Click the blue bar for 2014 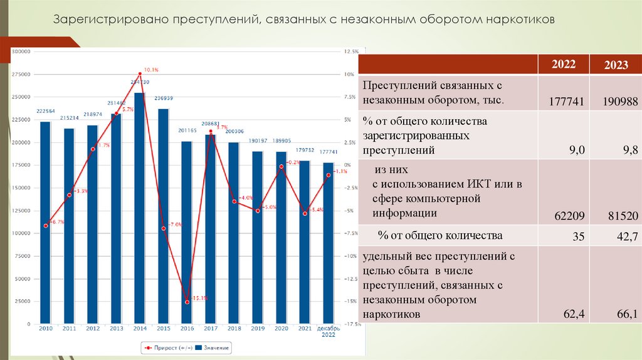[x=139, y=207]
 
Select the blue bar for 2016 [x=186, y=232]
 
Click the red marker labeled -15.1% [x=187, y=302]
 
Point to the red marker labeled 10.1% [x=140, y=74]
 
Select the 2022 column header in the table [x=564, y=65]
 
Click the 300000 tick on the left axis [x=21, y=51]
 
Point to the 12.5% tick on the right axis [x=351, y=51]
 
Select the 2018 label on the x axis [x=234, y=328]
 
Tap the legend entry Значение [x=214, y=347]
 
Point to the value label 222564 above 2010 [x=46, y=111]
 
